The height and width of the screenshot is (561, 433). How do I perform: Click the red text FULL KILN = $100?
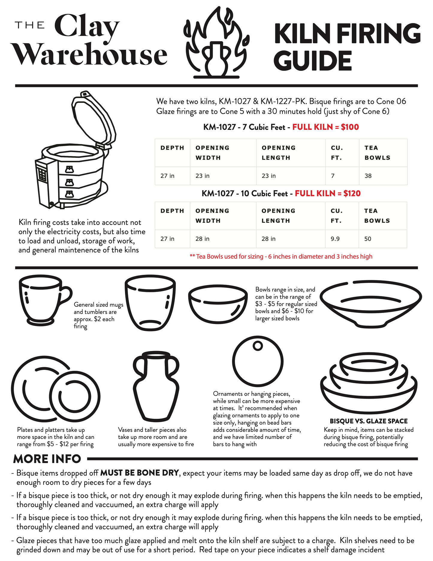point(325,127)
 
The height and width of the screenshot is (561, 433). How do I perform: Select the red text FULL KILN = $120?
point(328,193)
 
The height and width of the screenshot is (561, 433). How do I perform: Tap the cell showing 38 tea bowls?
point(383,176)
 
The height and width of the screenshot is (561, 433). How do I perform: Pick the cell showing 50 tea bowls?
point(383,239)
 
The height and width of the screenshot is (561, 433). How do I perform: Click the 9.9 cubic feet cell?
point(342,239)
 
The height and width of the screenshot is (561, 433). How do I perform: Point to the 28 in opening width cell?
point(223,239)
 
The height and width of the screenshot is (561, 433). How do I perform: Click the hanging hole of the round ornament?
point(257,346)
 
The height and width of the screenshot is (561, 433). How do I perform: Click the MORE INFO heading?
point(47,459)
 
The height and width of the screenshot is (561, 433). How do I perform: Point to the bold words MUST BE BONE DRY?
point(139,473)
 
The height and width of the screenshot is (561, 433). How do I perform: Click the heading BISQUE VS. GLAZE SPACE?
point(369,421)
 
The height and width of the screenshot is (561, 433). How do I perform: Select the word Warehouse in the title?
point(89,54)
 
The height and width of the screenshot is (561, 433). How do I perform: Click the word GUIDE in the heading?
point(313,61)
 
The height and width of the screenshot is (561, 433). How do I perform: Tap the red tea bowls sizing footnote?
point(281,256)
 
